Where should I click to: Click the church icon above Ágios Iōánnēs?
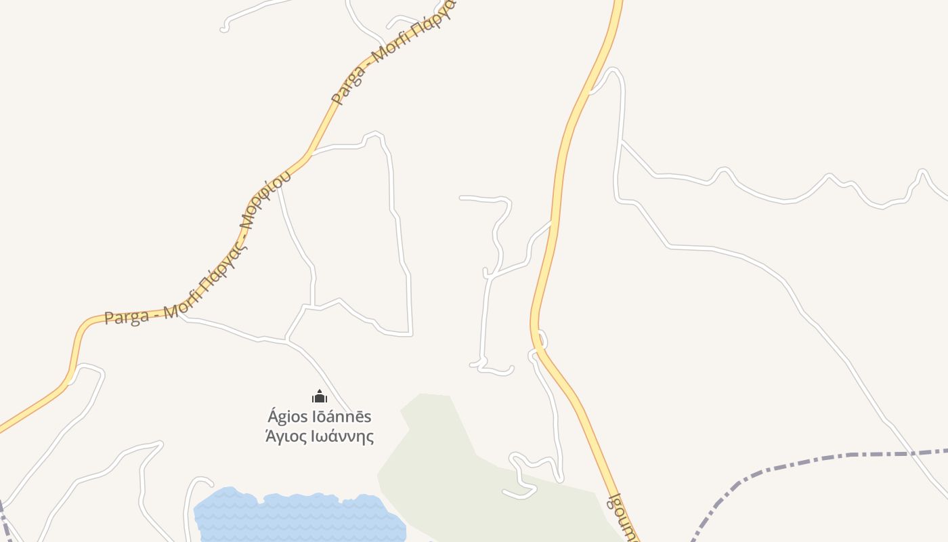(320, 396)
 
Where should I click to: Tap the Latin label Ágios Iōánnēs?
(320, 416)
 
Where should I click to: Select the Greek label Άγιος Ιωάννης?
(320, 436)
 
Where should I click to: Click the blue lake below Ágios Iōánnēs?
(298, 518)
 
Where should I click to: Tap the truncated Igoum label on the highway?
(624, 518)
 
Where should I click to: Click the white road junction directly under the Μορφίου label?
(280, 184)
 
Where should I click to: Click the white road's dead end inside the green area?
(504, 491)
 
